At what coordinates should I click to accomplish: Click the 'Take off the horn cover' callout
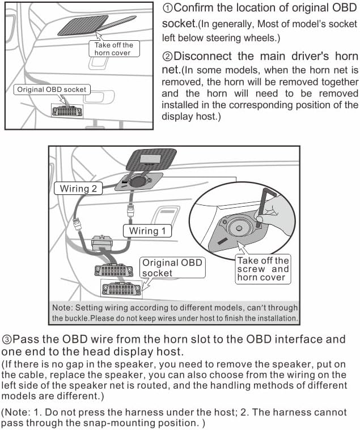114,49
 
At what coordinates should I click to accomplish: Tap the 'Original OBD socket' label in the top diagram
52,90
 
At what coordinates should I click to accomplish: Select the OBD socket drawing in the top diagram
67,111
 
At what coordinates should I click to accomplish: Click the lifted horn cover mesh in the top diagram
83,25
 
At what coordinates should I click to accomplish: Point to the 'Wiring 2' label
78,189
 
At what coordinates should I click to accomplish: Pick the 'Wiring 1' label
147,231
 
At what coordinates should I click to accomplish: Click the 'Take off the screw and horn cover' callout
263,269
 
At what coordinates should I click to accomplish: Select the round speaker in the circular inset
239,228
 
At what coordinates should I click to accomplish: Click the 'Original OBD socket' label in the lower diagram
172,267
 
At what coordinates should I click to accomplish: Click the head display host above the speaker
151,160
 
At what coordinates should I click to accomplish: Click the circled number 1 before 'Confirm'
167,8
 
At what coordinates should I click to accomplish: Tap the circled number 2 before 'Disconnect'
167,57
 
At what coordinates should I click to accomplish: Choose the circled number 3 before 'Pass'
7,340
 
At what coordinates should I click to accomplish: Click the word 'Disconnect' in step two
203,56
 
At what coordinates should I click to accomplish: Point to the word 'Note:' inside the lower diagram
62,308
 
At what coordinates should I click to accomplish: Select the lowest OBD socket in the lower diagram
121,289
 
